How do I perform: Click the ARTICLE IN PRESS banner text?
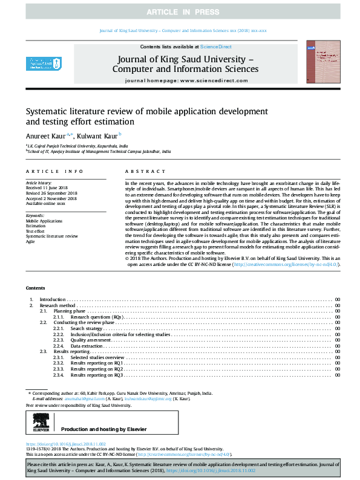180,12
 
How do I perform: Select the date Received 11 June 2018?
48,187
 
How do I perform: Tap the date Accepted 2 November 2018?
51,198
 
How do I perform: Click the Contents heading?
36,288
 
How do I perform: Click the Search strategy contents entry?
87,329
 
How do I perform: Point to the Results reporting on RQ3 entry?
97,375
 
